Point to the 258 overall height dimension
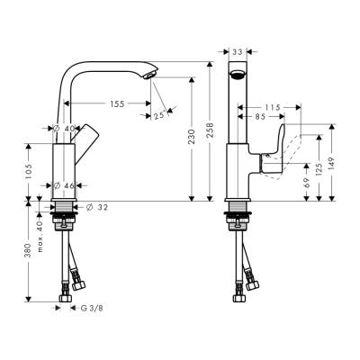[x=210, y=131]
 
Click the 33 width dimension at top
[x=238, y=53]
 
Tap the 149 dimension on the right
[x=335, y=163]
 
